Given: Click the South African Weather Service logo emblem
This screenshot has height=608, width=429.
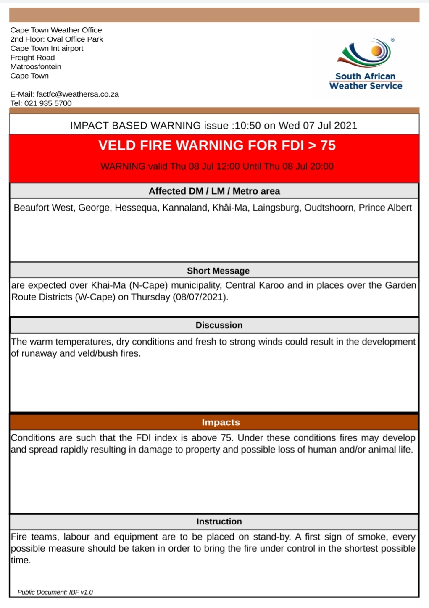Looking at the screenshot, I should (x=365, y=53).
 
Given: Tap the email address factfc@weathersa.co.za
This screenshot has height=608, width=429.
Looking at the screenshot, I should (x=77, y=94).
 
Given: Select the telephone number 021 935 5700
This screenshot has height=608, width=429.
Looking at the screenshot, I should (x=48, y=103).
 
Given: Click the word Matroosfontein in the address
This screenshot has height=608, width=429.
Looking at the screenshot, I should (x=36, y=67).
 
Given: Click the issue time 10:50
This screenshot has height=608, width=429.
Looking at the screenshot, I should (x=248, y=126).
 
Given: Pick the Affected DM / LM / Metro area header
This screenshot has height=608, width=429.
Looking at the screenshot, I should (x=214, y=191).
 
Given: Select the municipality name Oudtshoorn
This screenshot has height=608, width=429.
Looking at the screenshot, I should (x=329, y=208).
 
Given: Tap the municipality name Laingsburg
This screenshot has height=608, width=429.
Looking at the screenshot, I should (x=276, y=208).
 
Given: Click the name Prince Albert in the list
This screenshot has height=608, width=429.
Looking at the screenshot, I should (x=385, y=208).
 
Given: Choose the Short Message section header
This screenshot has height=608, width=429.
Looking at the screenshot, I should (x=218, y=271).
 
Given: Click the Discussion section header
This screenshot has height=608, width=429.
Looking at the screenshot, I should (x=219, y=325).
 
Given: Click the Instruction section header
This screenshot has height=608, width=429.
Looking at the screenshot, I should (x=219, y=521).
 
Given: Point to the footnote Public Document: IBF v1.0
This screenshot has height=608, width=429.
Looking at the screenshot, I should (x=55, y=592).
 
